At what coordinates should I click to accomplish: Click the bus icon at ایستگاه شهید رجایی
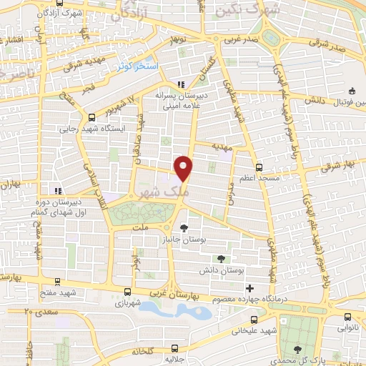[91, 119]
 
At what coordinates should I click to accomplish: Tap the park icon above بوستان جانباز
[186, 229]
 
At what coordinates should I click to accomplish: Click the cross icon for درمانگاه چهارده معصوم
[249, 287]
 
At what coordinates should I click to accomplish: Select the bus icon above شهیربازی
[127, 292]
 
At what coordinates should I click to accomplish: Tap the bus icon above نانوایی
[348, 317]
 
